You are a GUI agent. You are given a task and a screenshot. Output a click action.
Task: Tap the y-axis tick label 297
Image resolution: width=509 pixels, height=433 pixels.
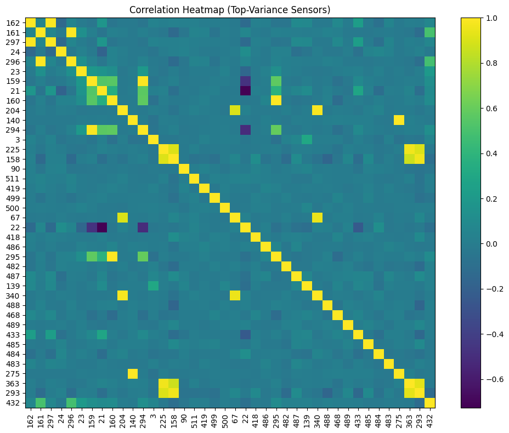pyautogui.click(x=13, y=42)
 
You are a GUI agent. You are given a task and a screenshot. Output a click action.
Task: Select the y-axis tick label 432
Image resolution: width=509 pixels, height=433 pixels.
pyautogui.click(x=13, y=403)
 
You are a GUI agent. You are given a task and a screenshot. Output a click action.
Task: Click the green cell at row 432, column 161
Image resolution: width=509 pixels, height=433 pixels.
pyautogui.click(x=40, y=403)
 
